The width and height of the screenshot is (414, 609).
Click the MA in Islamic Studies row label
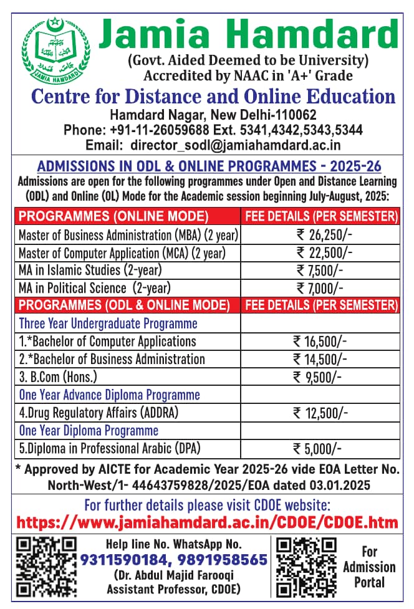tap(90, 270)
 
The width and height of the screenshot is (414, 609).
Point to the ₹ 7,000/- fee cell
tap(319, 287)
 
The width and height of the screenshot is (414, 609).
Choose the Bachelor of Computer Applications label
tap(107, 341)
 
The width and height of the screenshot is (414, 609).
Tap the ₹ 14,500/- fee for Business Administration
tap(320, 359)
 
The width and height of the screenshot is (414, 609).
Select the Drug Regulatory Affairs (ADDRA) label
tap(99, 412)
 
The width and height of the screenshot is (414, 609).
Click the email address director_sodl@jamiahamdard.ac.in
tap(236, 145)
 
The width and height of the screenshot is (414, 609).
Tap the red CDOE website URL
tap(206, 521)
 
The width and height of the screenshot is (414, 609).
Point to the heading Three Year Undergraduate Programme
tap(108, 324)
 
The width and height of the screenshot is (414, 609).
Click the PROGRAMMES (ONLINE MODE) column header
tap(113, 216)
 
